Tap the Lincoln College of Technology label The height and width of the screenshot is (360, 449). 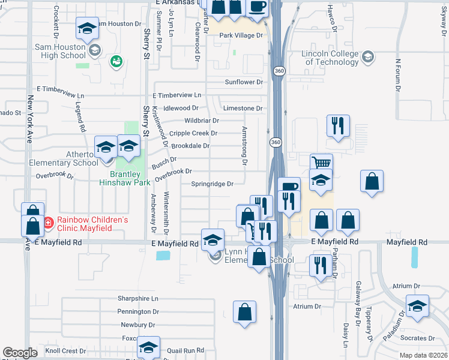pos(330,58)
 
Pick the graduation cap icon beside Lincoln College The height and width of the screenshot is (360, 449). pos(368,58)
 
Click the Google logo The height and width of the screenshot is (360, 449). pos(20,352)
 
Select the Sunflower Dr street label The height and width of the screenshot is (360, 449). pos(244,82)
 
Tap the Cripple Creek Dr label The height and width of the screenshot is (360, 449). pos(193,133)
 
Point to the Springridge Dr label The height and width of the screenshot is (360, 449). pos(212,184)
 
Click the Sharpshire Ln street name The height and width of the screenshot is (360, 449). pos(137,298)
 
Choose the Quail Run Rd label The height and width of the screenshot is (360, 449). pos(186,350)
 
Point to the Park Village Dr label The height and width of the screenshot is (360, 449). pos(241,35)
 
